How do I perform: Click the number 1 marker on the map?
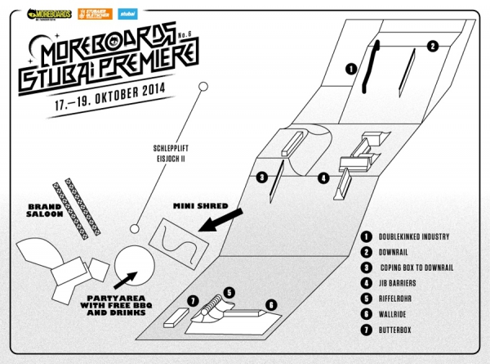(350, 70)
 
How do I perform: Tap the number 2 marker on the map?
(433, 46)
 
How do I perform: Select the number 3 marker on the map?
(262, 177)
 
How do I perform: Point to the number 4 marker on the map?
(324, 177)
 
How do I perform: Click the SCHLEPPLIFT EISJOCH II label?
(167, 154)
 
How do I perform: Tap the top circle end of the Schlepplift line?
(201, 86)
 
